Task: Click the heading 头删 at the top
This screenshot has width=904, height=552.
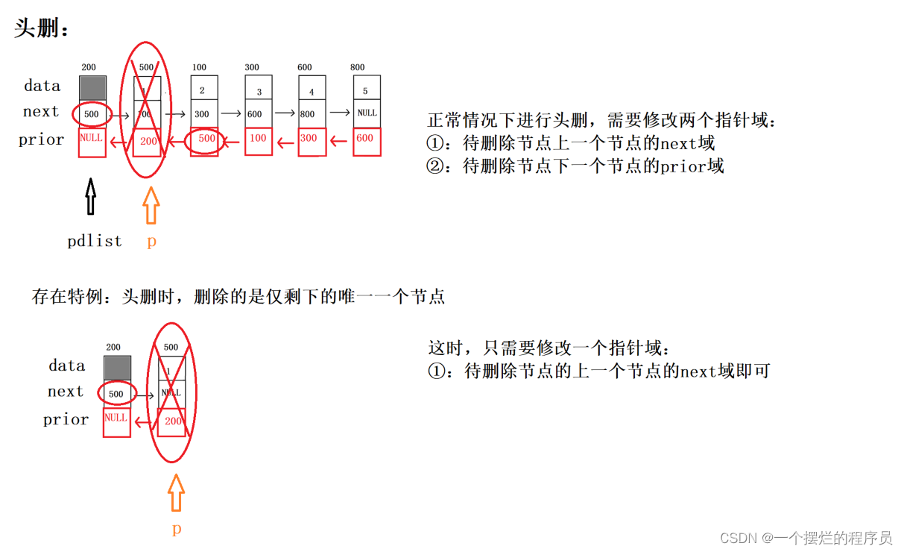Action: [42, 30]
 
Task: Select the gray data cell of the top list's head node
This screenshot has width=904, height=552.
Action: [93, 87]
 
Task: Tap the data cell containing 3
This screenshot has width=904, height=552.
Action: [259, 91]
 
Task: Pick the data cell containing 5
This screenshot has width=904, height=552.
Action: [366, 90]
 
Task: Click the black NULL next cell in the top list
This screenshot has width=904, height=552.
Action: [367, 113]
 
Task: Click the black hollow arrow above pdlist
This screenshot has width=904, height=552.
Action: [91, 198]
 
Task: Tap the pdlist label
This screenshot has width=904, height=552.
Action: [95, 241]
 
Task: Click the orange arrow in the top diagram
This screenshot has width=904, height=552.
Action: [151, 205]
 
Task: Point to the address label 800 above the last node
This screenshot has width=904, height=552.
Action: [358, 68]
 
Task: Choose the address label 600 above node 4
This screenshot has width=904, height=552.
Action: [305, 68]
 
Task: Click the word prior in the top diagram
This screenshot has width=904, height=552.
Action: [42, 139]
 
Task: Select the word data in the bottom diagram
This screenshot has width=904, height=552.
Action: [67, 366]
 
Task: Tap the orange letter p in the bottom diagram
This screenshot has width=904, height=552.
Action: [177, 529]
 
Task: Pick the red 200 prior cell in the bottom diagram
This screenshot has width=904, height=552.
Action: [172, 422]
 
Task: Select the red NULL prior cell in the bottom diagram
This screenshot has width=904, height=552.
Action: [116, 421]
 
